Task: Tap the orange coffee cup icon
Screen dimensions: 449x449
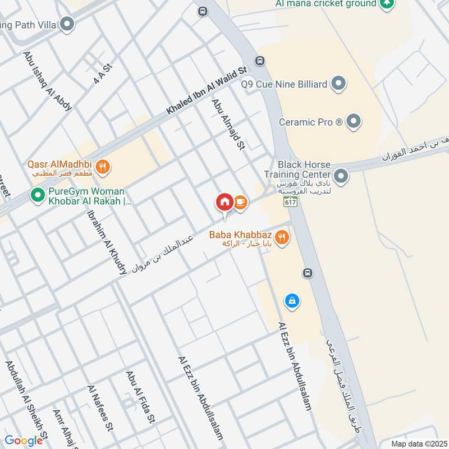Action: (x=240, y=202)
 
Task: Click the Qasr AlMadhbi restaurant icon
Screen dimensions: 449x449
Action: (x=102, y=166)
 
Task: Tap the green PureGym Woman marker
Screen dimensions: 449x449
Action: (x=38, y=195)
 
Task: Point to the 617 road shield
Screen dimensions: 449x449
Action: (x=290, y=202)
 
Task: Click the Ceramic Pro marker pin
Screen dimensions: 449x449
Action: (x=353, y=121)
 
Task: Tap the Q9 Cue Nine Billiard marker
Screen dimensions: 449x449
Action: (x=337, y=85)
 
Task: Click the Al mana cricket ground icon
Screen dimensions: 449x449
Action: (x=386, y=4)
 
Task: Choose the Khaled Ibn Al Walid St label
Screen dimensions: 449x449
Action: (x=207, y=91)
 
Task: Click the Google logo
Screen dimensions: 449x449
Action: (x=24, y=441)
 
